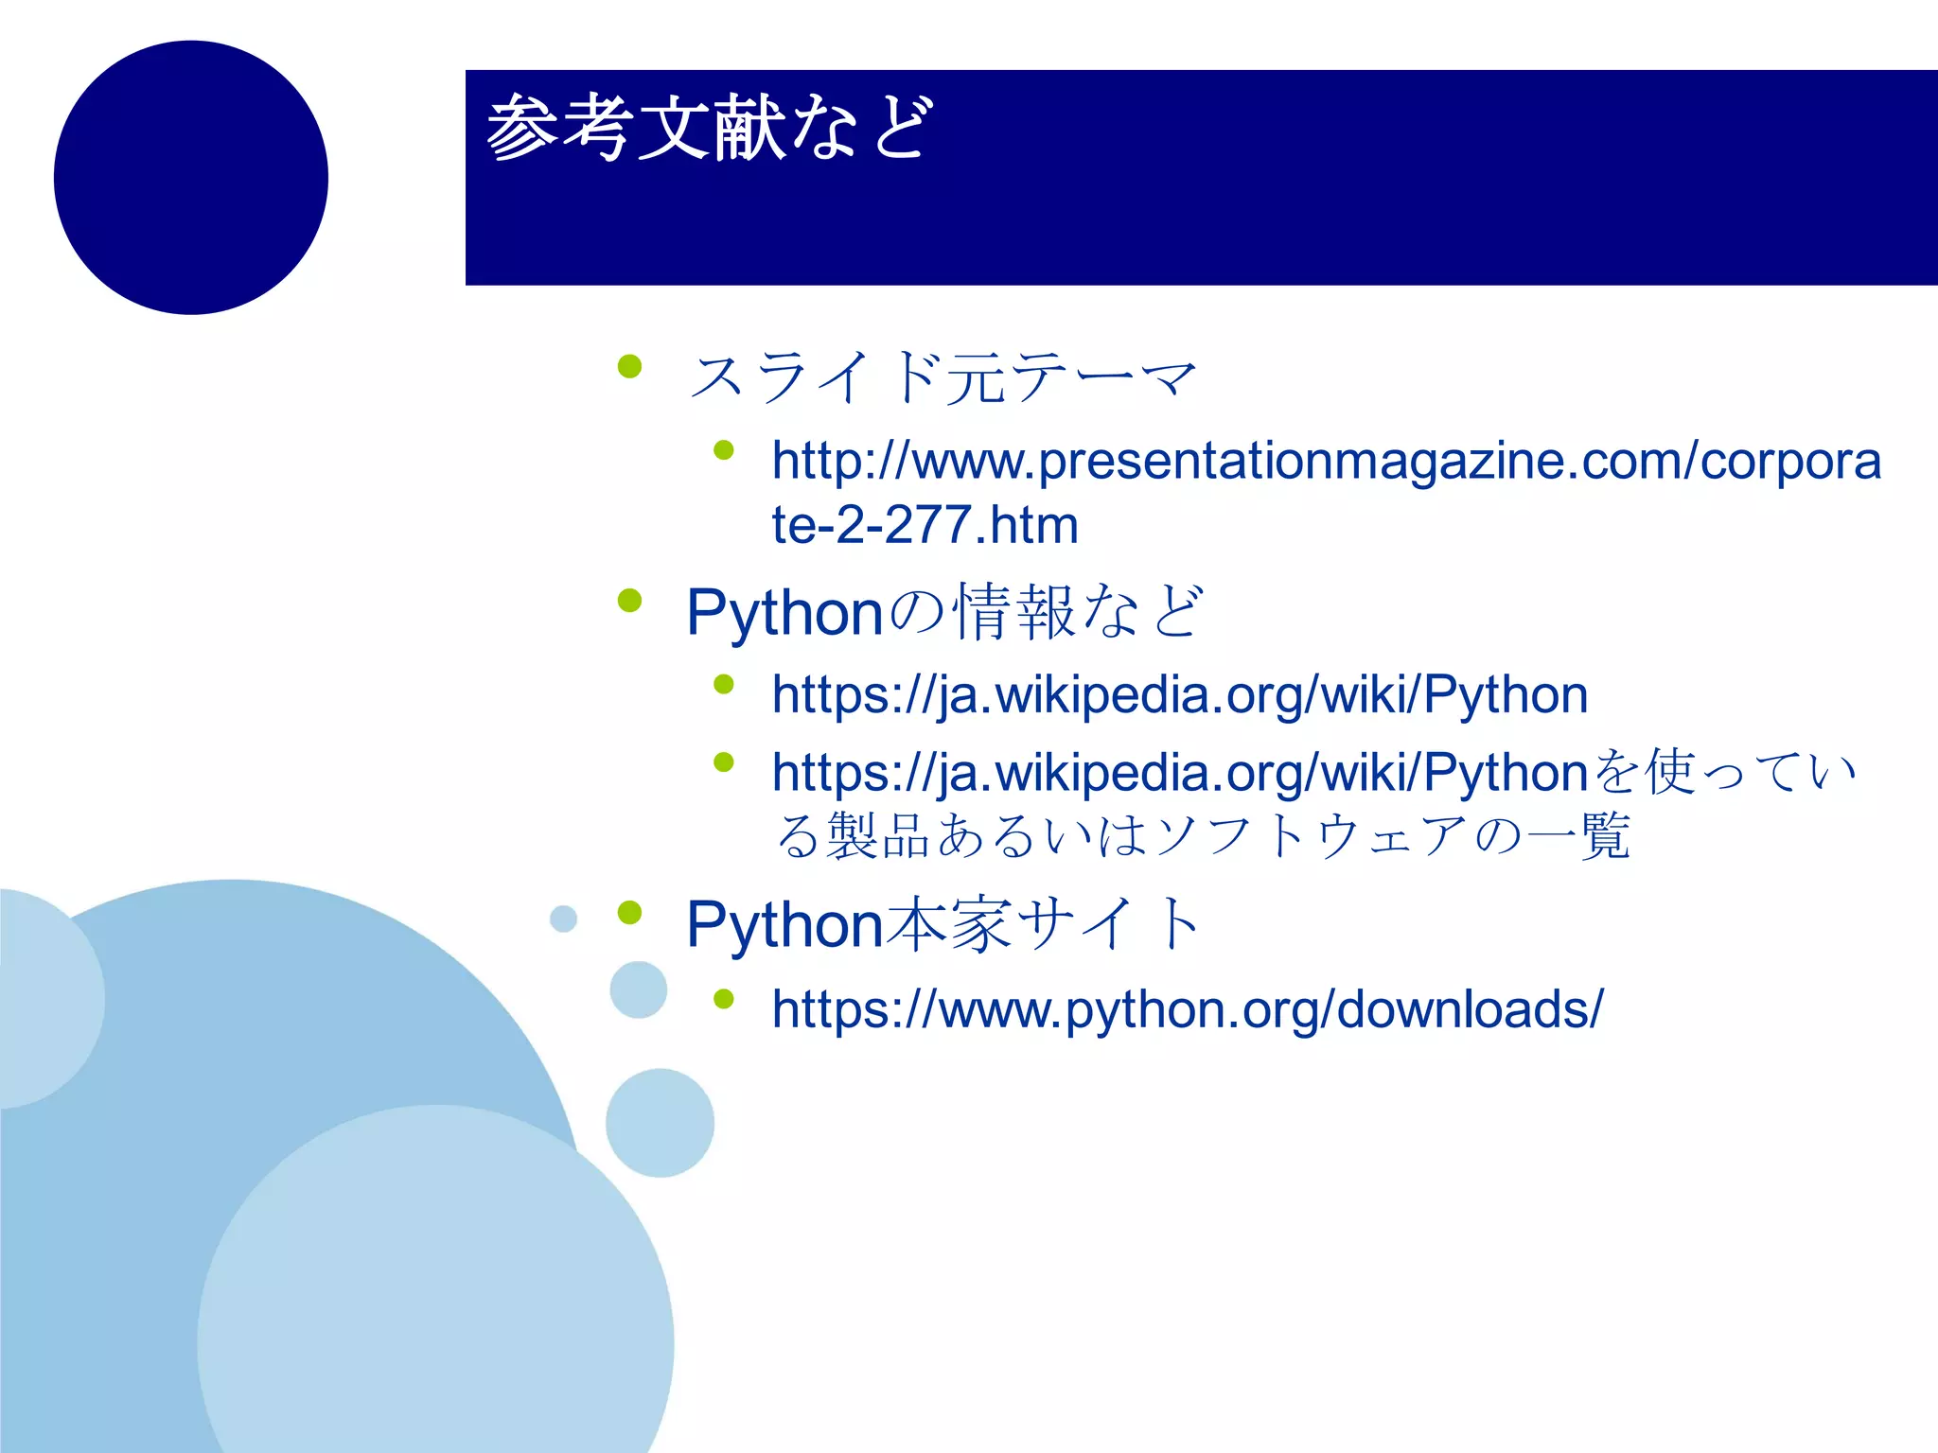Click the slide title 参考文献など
click(710, 128)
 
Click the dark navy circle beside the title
click(191, 178)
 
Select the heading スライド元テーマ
click(942, 376)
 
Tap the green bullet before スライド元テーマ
click(629, 366)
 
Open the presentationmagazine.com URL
click(1325, 462)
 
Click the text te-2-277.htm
click(925, 525)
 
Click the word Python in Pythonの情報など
click(784, 613)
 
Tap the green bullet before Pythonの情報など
click(629, 601)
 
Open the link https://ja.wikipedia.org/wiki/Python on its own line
click(1179, 695)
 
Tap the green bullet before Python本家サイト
click(629, 913)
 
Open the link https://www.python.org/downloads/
click(1187, 1009)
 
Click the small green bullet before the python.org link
click(724, 999)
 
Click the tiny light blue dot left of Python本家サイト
click(563, 919)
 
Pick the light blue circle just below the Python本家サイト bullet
click(639, 989)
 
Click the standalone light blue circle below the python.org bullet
click(660, 1123)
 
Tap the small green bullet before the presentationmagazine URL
click(724, 450)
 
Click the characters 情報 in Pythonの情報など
click(1013, 613)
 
